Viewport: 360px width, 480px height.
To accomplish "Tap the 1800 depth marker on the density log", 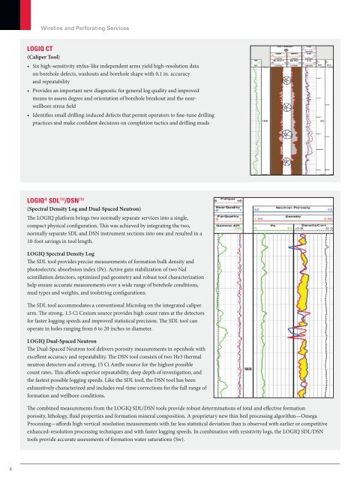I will [246, 389].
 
